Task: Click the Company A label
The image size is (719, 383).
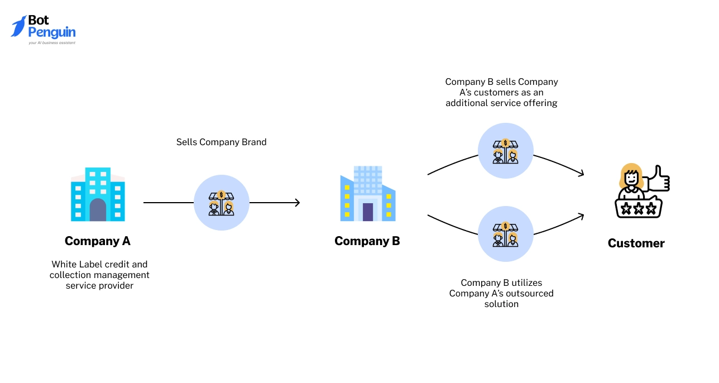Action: click(97, 241)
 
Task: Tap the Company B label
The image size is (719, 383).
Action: click(367, 241)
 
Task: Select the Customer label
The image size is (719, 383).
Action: click(636, 243)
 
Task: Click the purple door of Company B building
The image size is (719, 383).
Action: click(367, 212)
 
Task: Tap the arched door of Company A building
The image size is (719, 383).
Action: click(98, 209)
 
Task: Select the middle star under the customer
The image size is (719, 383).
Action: click(638, 209)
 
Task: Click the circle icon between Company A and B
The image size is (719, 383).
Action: click(222, 203)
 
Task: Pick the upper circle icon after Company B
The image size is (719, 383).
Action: click(505, 151)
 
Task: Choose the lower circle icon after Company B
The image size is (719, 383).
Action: click(505, 234)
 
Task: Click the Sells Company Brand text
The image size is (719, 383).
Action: click(221, 142)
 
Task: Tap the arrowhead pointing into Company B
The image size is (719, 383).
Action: click(297, 203)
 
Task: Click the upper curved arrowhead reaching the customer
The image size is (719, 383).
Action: click(581, 174)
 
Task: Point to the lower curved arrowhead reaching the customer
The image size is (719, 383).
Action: click(581, 215)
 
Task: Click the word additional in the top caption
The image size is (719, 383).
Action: click(466, 103)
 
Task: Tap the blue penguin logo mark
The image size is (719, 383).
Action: click(18, 26)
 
